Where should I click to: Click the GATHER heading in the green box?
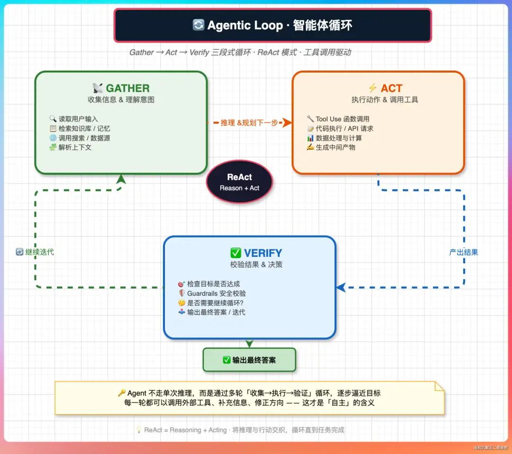click(127, 88)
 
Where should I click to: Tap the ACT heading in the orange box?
click(391, 88)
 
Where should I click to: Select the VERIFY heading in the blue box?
click(263, 253)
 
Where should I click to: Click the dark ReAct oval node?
click(239, 182)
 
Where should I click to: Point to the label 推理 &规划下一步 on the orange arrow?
click(249, 123)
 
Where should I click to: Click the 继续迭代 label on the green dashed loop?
click(39, 252)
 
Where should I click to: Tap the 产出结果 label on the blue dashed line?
click(463, 252)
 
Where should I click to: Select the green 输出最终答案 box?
click(249, 360)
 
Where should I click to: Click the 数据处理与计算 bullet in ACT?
click(338, 138)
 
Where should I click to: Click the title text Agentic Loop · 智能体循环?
click(279, 25)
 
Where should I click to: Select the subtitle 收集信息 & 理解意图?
click(121, 100)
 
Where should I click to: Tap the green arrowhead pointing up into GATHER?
click(121, 179)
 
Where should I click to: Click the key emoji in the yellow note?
click(121, 393)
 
